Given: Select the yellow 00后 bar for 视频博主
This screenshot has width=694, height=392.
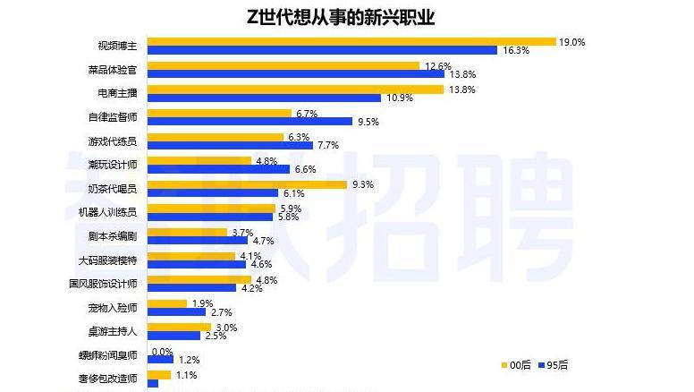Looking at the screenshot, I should (x=351, y=41).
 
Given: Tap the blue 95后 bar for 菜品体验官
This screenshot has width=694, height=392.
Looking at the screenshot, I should (x=295, y=74).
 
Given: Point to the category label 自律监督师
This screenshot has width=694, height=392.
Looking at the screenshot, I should (x=113, y=117).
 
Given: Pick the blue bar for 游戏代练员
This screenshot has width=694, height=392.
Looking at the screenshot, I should (x=230, y=146).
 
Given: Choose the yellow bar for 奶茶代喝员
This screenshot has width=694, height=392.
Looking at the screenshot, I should (x=247, y=184).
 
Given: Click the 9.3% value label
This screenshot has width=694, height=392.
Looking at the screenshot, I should (x=363, y=184).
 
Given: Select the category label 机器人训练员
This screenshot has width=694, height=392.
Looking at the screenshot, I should (x=107, y=212).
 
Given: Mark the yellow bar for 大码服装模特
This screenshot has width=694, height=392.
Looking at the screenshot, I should (x=190, y=256).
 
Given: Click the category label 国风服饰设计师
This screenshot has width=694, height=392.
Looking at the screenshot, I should (x=103, y=284).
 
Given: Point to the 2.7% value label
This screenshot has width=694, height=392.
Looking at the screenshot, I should (x=222, y=312).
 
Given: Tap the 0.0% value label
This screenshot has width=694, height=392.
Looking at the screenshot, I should (x=162, y=352).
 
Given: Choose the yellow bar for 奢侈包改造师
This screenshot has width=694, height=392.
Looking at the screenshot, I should (x=158, y=375).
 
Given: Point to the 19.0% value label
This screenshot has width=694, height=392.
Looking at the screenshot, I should (x=571, y=41).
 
